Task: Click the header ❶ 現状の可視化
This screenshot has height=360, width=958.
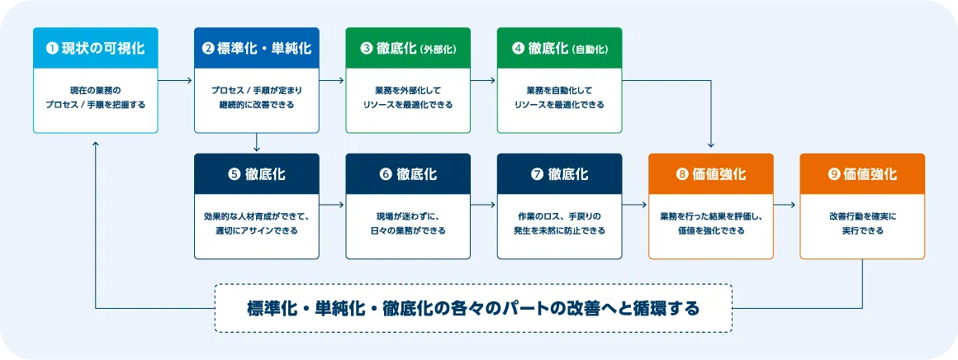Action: pyautogui.click(x=95, y=48)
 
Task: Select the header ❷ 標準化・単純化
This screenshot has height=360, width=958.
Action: pyautogui.click(x=256, y=48)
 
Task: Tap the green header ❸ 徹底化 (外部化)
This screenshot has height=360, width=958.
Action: pyautogui.click(x=408, y=48)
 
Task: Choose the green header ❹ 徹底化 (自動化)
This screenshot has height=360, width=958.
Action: pyautogui.click(x=559, y=48)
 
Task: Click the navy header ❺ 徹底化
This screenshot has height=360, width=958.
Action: pyautogui.click(x=256, y=174)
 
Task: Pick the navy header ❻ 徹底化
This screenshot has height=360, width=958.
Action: pyautogui.click(x=408, y=174)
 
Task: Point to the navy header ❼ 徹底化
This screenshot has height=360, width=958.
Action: pyautogui.click(x=559, y=174)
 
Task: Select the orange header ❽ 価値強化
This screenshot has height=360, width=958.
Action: pyautogui.click(x=711, y=174)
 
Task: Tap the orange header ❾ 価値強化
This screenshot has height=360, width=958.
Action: pyautogui.click(x=862, y=174)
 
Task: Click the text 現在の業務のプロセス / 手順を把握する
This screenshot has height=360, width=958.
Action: pyautogui.click(x=95, y=97)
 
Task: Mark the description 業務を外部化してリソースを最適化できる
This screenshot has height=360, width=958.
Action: pyautogui.click(x=408, y=97)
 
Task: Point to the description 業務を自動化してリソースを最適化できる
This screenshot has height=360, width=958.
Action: pyautogui.click(x=559, y=97)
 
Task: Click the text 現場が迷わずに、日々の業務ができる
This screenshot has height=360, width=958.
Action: pyautogui.click(x=408, y=223)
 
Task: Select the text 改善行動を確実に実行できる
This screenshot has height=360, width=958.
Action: pyautogui.click(x=862, y=223)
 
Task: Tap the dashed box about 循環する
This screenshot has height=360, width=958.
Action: pyautogui.click(x=473, y=308)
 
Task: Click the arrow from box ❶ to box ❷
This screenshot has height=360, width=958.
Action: pyautogui.click(x=175, y=81)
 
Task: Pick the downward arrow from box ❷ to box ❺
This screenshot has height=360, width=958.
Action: pyautogui.click(x=257, y=143)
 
